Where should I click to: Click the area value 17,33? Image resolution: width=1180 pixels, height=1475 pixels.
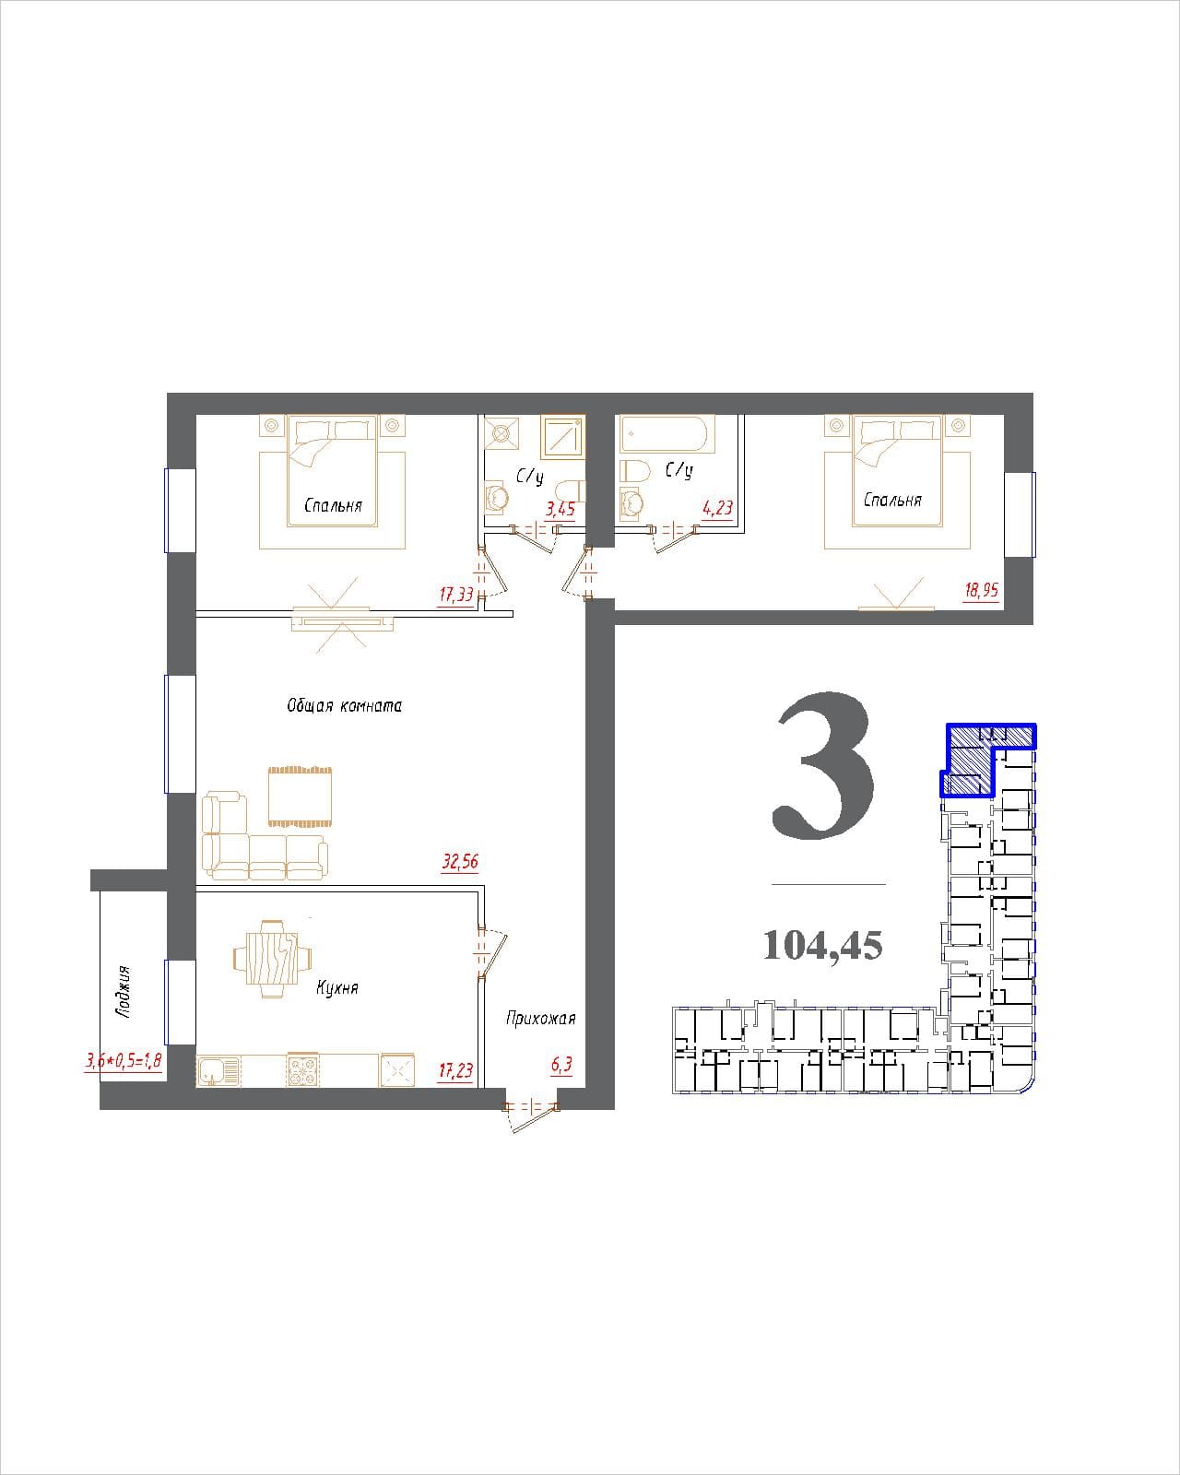(456, 595)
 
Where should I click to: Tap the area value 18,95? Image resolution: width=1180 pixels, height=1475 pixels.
(981, 590)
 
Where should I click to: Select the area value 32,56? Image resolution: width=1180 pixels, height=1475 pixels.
(460, 862)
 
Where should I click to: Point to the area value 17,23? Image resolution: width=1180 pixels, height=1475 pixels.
(456, 1070)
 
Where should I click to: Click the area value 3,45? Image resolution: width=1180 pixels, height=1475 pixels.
(560, 509)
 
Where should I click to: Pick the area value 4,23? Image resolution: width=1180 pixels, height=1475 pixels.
(718, 508)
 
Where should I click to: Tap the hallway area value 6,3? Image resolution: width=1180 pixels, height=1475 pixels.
(561, 1065)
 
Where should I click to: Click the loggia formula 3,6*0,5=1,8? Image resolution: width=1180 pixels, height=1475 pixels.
(124, 1061)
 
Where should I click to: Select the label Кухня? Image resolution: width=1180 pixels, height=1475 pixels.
(337, 987)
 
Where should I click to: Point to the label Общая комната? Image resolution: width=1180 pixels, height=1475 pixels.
(344, 705)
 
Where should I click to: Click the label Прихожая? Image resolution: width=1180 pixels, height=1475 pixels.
(541, 1019)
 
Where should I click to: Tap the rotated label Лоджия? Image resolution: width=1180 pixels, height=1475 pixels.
(124, 991)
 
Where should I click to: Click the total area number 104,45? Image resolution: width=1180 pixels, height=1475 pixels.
(823, 946)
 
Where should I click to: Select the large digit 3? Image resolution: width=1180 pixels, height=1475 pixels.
(823, 765)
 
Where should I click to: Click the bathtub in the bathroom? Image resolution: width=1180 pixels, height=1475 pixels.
(667, 433)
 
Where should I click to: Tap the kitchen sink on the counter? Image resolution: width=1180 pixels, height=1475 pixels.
(218, 1070)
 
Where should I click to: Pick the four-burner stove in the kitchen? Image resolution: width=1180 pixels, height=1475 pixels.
(303, 1070)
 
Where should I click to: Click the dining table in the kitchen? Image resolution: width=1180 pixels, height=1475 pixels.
(272, 959)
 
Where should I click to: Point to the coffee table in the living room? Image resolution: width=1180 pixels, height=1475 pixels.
(301, 796)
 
